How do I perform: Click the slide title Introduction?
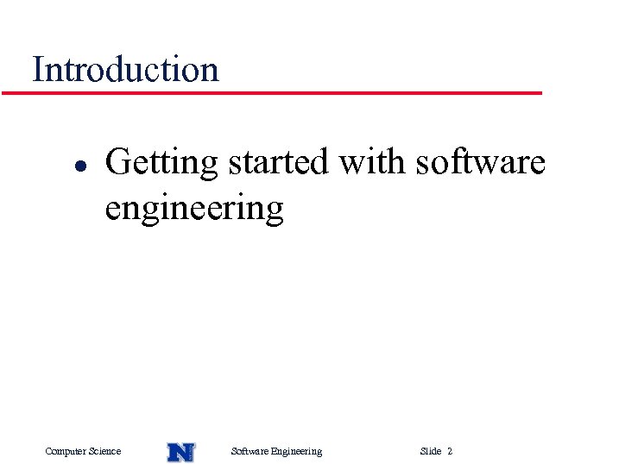(125, 69)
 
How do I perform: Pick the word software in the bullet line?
(480, 161)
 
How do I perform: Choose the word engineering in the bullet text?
(194, 209)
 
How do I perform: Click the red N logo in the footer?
(180, 451)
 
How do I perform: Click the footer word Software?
(250, 451)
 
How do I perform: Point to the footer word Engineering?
(296, 451)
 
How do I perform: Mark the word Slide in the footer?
(430, 451)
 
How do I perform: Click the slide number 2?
(450, 451)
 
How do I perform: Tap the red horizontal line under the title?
(272, 92)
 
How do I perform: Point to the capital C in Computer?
(48, 451)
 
